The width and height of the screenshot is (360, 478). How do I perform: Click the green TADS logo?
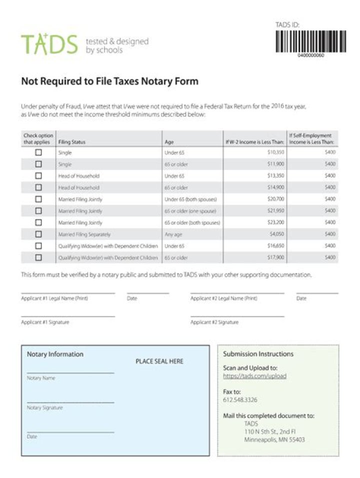49,44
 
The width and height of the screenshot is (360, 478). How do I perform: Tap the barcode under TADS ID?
310,41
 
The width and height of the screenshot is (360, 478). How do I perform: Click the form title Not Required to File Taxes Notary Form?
109,81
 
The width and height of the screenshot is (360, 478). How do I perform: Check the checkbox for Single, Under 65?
38,152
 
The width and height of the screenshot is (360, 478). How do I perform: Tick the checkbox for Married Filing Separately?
38,234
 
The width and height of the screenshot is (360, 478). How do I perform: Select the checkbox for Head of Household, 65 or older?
38,187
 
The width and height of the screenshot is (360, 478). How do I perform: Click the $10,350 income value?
275,152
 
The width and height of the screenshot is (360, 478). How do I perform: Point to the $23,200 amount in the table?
275,223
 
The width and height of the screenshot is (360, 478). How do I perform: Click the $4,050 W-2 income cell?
276,234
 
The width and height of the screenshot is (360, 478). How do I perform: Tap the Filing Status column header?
72,142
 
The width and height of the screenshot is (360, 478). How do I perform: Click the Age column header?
169,142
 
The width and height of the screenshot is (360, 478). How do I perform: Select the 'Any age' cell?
173,234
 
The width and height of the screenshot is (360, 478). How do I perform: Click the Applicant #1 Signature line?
68,316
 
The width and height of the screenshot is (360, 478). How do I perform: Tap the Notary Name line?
70,373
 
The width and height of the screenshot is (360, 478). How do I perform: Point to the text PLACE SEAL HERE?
159,361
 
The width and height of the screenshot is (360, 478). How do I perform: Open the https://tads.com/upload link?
254,376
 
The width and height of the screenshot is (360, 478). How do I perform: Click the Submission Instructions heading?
258,354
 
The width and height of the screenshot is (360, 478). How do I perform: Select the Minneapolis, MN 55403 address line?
274,440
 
